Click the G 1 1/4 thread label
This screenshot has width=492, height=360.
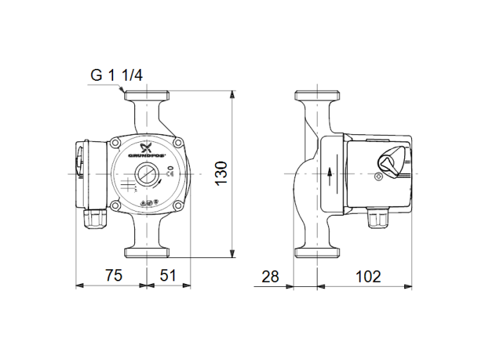pyautogui.click(x=117, y=75)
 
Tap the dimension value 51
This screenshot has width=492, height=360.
pyautogui.click(x=168, y=276)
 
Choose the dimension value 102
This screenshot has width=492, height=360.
pyautogui.click(x=367, y=276)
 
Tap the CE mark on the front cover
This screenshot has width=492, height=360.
pyautogui.click(x=170, y=168)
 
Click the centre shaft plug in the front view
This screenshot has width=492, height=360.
pyautogui.click(x=148, y=174)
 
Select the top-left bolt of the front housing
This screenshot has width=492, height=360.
pyautogui.click(x=115, y=143)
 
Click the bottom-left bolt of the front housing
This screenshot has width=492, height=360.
pyautogui.click(x=115, y=205)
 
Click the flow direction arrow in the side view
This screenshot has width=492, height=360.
pyautogui.click(x=330, y=174)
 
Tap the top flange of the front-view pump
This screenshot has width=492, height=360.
pyautogui.click(x=148, y=96)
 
